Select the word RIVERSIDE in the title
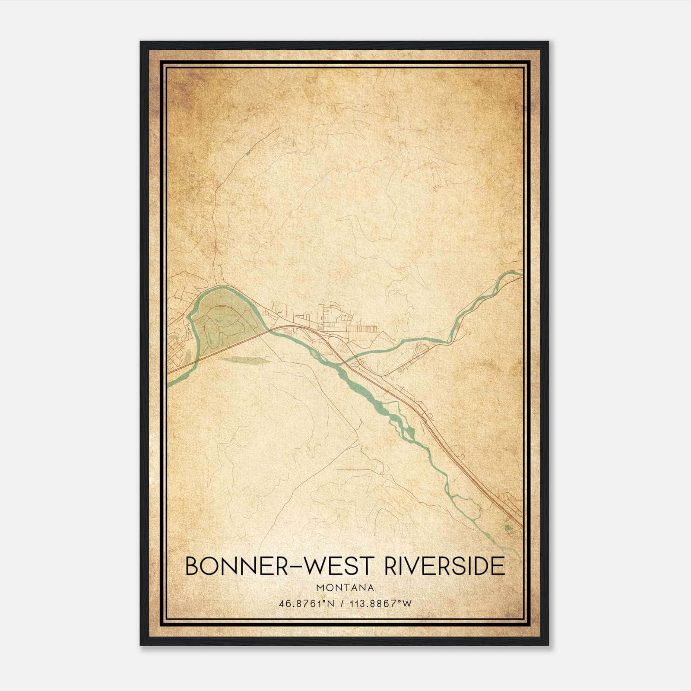(444, 566)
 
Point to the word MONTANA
(345, 588)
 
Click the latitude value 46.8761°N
(307, 604)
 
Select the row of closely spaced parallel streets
(361, 329)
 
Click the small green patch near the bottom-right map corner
(507, 527)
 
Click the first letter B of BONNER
(193, 566)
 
